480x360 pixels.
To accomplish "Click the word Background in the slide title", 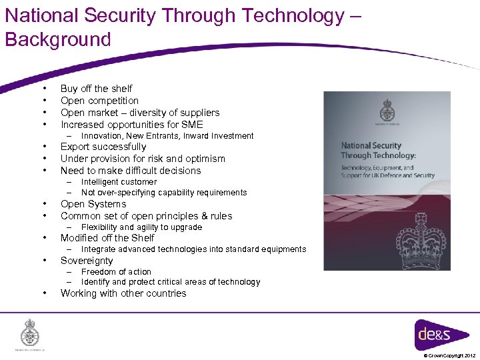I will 58,39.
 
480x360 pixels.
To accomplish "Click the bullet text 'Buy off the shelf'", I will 96,89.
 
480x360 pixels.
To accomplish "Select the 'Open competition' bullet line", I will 99,101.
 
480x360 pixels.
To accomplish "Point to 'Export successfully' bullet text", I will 103,147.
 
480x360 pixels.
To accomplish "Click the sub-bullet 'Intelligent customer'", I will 119,181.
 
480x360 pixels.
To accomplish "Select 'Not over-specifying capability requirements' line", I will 164,193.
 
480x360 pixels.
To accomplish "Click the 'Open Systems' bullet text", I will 93,204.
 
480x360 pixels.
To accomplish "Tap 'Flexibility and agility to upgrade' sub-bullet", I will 141,227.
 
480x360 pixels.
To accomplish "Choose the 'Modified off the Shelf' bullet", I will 107,238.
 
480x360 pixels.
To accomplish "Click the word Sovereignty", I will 87,261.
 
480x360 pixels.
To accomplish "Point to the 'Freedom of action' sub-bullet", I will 116,272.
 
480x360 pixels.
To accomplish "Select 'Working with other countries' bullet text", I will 123,293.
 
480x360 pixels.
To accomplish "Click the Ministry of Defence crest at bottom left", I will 29,333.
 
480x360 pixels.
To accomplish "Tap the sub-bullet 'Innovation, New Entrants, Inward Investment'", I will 167,136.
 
